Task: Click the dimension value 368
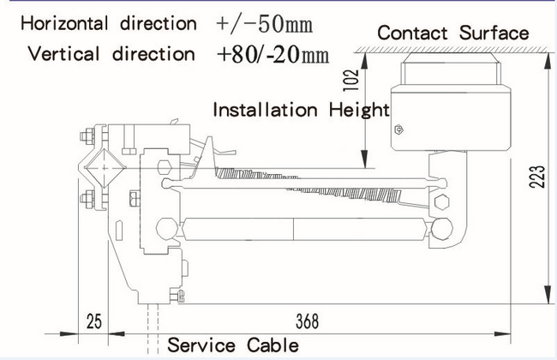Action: (x=307, y=321)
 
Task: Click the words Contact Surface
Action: (x=453, y=33)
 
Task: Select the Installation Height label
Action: (x=301, y=110)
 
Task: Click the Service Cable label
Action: (x=233, y=345)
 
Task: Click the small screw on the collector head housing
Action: (x=398, y=131)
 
